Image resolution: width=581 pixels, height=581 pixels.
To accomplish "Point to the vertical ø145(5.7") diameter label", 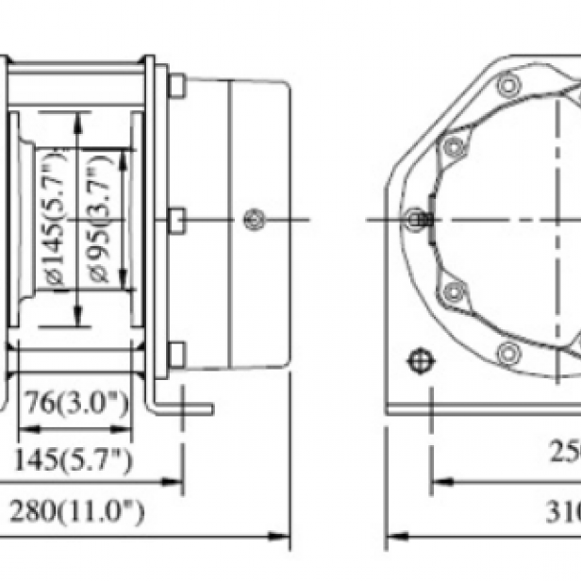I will pos(56,220).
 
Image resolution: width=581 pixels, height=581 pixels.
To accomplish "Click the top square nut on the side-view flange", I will pos(176,86).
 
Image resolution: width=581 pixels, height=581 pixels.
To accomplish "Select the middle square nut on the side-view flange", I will pos(176,220).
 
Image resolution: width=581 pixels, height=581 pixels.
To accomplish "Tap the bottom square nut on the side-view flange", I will pos(176,355).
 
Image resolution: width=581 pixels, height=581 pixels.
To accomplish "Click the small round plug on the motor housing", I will pos(251,220).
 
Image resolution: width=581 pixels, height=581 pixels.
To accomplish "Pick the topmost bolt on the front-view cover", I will pos(509,87).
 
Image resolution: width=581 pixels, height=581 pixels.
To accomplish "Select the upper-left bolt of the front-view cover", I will pos(454,146).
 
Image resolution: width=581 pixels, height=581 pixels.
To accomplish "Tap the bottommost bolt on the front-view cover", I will pos(509,354).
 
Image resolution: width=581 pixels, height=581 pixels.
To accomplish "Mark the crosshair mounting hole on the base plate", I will pos(418,361).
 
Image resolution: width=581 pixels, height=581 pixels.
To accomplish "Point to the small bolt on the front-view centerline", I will pos(416,220).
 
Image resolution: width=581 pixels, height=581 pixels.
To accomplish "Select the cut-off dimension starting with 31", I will pos(563,512).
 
